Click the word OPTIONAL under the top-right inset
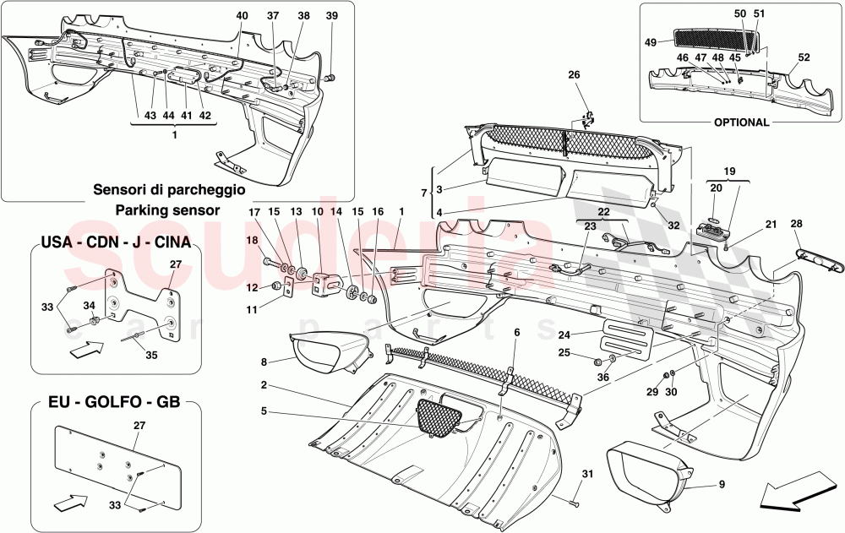point(741,122)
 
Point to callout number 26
point(575,74)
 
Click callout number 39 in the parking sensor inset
point(331,16)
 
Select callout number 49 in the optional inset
point(650,42)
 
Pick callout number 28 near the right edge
point(795,223)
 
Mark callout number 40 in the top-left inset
point(243,16)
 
